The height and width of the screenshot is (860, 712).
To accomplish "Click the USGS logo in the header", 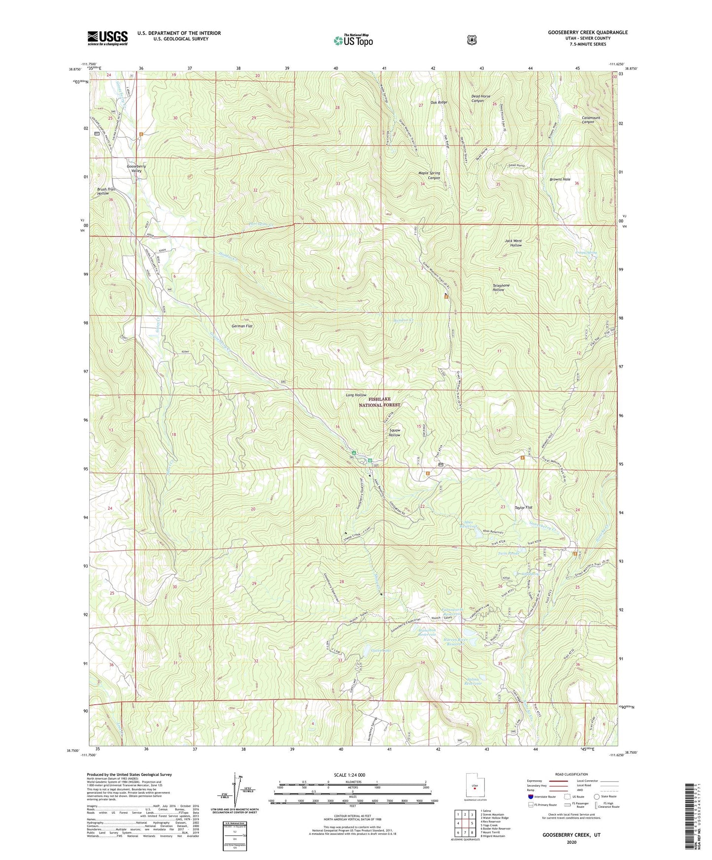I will click(x=107, y=38).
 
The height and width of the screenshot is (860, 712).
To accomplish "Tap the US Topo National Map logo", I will click(x=352, y=40).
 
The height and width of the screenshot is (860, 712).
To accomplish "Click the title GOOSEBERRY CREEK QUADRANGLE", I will click(x=587, y=33).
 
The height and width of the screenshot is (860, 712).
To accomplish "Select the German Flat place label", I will click(x=242, y=326).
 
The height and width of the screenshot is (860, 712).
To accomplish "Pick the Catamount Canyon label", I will click(x=581, y=119).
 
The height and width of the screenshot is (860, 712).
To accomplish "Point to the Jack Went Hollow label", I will click(x=513, y=243).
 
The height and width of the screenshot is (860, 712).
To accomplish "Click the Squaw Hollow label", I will click(x=394, y=432).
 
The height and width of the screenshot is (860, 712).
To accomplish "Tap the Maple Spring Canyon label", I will click(x=429, y=175).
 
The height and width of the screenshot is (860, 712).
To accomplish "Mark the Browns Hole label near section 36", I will click(x=560, y=179).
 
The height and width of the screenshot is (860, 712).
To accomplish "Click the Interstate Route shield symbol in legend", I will click(x=530, y=796).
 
